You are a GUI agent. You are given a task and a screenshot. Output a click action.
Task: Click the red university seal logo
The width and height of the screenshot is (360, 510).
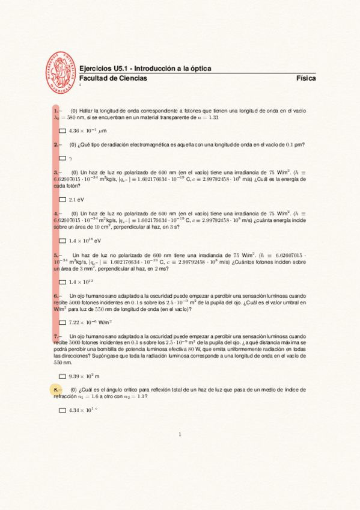coord(63,70)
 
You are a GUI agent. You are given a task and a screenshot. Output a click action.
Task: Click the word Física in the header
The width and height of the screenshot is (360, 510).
coord(306,79)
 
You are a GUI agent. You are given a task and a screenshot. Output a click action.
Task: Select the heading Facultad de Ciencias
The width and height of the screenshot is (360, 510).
coord(113,79)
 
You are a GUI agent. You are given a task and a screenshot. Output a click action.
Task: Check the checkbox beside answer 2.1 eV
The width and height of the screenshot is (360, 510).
coord(63,200)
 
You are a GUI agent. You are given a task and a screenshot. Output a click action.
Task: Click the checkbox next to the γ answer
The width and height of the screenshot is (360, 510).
coord(63,159)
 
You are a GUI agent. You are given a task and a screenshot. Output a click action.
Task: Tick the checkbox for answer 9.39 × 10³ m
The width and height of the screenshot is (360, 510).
coord(63,376)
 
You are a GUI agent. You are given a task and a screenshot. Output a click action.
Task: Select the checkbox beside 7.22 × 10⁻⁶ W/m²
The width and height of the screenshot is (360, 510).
coord(63,322)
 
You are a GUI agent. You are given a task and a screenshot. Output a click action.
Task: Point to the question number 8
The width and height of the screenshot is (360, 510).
coord(56,390)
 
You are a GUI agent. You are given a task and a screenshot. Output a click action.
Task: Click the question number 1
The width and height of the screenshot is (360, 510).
coord(56,111)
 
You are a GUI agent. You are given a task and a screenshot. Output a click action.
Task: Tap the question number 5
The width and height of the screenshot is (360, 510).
coord(56,255)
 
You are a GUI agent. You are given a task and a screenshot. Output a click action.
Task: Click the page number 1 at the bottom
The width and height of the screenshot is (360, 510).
coord(180,434)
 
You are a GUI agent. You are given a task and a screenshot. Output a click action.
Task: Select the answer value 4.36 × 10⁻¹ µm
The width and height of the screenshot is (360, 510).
coord(88,131)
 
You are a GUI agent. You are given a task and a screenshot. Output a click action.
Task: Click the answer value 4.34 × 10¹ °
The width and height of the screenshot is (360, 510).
coord(83,410)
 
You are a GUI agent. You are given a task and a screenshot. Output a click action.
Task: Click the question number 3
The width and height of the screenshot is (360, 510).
coord(56,172)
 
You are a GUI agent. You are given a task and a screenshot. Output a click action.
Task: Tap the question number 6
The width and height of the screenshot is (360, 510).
coord(56,296)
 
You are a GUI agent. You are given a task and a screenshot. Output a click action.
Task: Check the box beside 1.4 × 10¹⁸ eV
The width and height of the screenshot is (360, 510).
coord(63,241)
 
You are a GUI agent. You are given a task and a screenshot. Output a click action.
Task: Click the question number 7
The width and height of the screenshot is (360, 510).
coord(56,336)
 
